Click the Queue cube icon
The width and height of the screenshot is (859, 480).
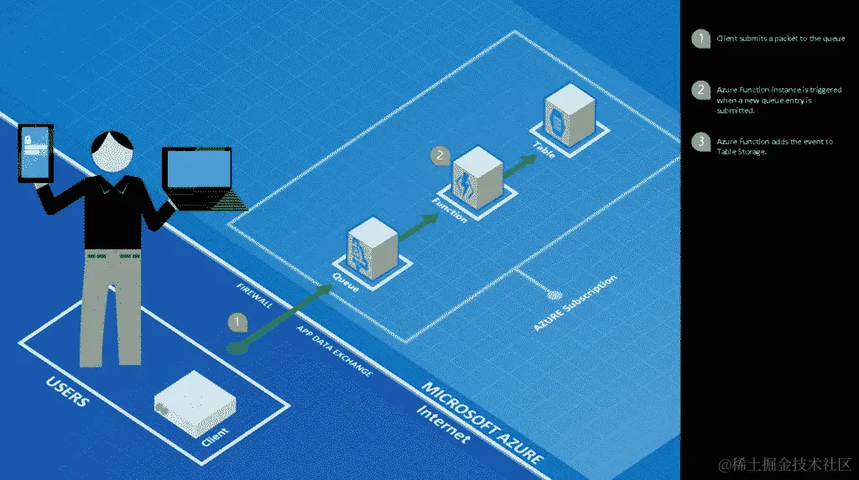pyautogui.click(x=371, y=246)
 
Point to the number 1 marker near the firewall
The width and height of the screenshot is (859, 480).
pyautogui.click(x=238, y=321)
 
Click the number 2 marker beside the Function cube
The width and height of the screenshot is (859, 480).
pyautogui.click(x=440, y=155)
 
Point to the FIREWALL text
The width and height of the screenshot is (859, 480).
pyautogui.click(x=255, y=296)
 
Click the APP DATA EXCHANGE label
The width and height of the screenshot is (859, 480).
pyautogui.click(x=334, y=351)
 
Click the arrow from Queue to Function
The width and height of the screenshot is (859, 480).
pyautogui.click(x=417, y=227)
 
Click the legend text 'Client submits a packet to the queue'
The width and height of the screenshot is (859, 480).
pyautogui.click(x=780, y=39)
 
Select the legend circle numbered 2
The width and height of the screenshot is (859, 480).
pyautogui.click(x=700, y=90)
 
